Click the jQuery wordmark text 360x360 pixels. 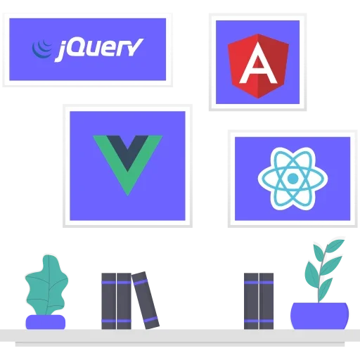pyautogui.click(x=99, y=50)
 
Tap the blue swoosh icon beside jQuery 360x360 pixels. pyautogui.click(x=42, y=49)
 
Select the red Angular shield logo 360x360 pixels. pyautogui.click(x=258, y=66)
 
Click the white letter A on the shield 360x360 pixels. pyautogui.click(x=258, y=63)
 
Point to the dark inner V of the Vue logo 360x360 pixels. pyautogui.click(x=128, y=150)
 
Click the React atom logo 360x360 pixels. pyautogui.click(x=292, y=179)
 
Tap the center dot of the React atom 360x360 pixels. pyautogui.click(x=292, y=179)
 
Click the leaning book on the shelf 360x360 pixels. pyautogui.click(x=146, y=300)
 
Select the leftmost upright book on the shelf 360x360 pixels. pyautogui.click(x=109, y=301)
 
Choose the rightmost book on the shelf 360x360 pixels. pyautogui.click(x=266, y=301)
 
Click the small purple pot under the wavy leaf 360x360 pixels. pyautogui.click(x=45, y=322)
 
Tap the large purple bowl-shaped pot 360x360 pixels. pyautogui.click(x=319, y=316)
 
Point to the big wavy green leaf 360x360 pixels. pyautogui.click(x=47, y=285)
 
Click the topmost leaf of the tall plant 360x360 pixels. pyautogui.click(x=335, y=245)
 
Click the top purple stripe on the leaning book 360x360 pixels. pyautogui.click(x=140, y=282)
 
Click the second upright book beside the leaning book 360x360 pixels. pyautogui.click(x=124, y=301)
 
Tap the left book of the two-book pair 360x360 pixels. pyautogui.click(x=251, y=301)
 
